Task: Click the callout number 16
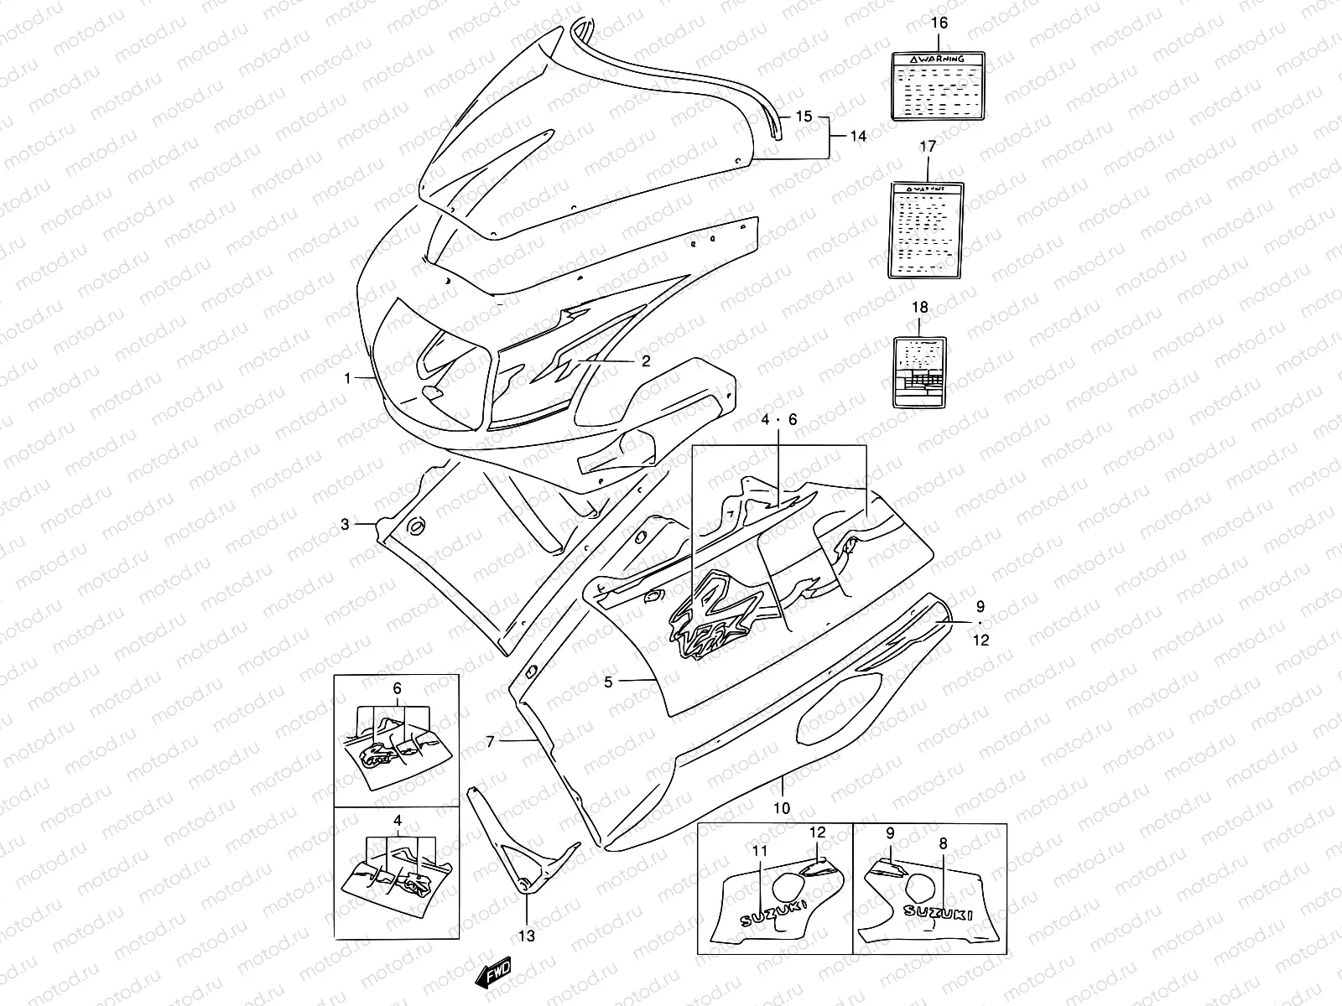tap(939, 23)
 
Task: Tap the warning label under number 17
tap(926, 231)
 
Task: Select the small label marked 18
tap(920, 371)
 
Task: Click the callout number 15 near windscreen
tap(804, 117)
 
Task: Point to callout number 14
tap(857, 135)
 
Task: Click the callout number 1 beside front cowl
tap(347, 379)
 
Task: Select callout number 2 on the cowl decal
tap(646, 361)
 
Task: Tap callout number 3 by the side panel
tap(345, 525)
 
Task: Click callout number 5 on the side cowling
tap(608, 682)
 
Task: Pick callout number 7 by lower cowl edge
tap(491, 741)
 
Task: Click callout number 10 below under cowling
tap(782, 808)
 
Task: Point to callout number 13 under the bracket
tap(527, 936)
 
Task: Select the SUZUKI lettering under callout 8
tap(938, 913)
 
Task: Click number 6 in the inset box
tap(397, 689)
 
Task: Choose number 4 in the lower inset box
tap(397, 820)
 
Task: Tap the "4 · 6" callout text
tap(779, 419)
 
